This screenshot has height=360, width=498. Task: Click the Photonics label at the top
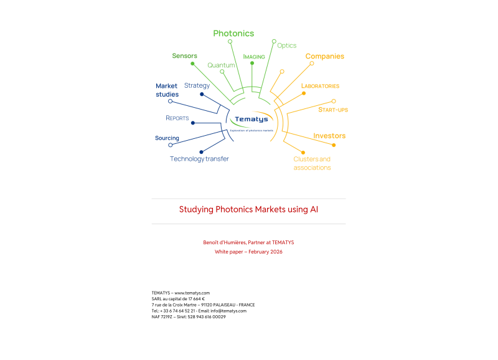(233, 34)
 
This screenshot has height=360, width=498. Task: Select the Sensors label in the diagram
(184, 56)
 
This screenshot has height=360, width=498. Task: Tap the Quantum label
(221, 65)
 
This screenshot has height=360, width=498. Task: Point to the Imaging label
(254, 57)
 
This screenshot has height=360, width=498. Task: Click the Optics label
(286, 45)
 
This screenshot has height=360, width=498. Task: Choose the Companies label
(324, 56)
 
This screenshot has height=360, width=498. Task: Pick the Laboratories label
(320, 86)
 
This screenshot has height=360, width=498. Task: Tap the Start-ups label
(333, 110)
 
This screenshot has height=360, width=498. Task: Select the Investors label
(329, 136)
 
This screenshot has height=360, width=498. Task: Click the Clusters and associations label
(312, 163)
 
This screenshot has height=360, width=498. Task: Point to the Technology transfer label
(199, 159)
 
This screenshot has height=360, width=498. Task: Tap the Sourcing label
(167, 138)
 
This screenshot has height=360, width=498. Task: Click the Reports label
(177, 118)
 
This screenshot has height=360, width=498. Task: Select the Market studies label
(167, 90)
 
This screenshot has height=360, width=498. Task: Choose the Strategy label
(197, 85)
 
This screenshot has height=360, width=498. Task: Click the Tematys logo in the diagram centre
(251, 120)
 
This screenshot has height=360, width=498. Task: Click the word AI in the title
(314, 209)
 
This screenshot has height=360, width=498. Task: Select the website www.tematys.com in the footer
(192, 293)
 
